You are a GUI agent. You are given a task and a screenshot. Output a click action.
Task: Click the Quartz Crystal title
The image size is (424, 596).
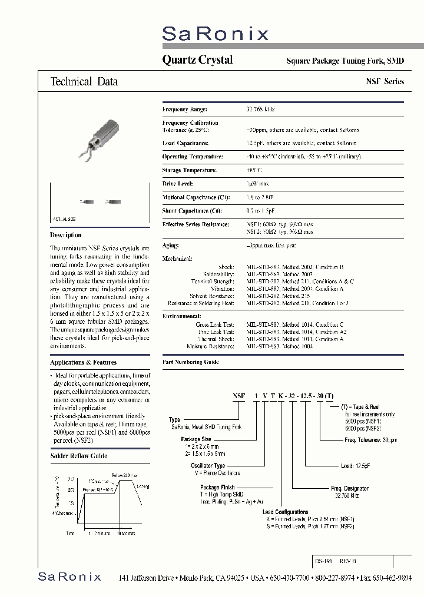(197, 60)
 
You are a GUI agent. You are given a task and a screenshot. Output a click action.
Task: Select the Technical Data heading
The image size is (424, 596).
(84, 82)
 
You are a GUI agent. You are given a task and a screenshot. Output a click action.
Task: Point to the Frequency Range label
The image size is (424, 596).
(184, 110)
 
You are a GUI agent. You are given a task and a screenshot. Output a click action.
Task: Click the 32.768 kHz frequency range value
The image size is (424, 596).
(260, 110)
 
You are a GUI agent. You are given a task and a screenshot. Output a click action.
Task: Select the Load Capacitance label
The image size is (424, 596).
(185, 143)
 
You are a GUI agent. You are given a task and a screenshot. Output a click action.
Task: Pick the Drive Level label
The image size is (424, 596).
(178, 184)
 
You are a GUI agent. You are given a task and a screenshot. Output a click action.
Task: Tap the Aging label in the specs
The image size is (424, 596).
(170, 245)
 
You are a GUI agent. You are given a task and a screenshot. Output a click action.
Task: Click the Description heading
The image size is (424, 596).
(66, 235)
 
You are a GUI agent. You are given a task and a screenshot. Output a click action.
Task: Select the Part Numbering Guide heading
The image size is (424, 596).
(190, 362)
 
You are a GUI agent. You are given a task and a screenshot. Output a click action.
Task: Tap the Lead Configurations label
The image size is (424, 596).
(285, 512)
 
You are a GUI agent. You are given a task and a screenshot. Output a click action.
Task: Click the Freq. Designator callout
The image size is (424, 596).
(349, 488)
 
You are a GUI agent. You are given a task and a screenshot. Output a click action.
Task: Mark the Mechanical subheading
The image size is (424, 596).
(177, 258)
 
